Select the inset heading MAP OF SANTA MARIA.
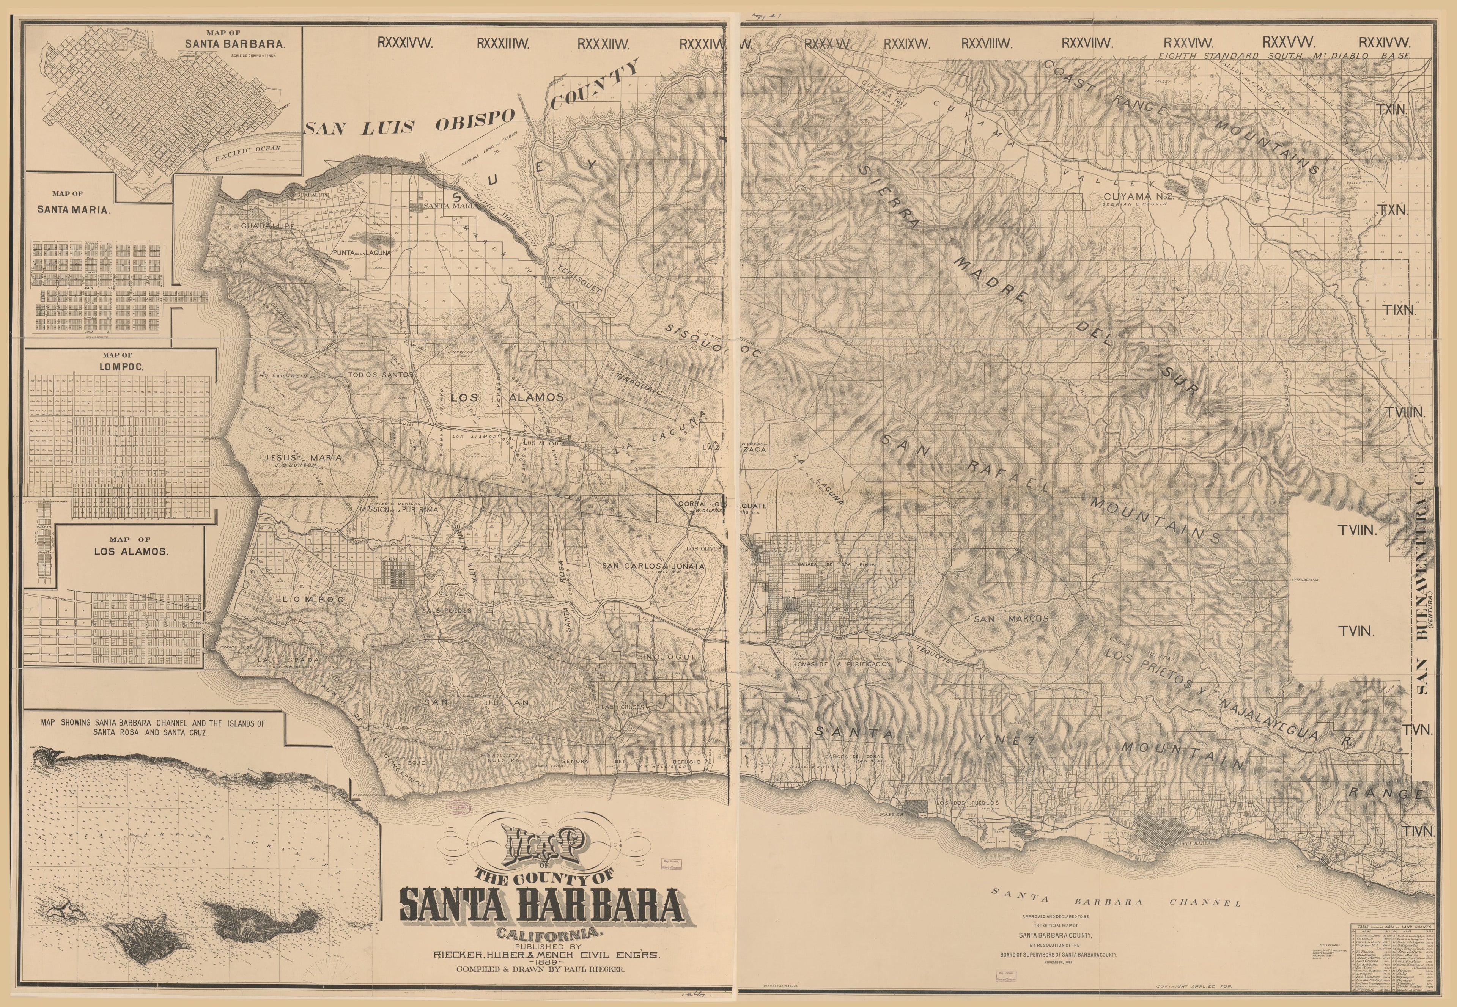(x=73, y=203)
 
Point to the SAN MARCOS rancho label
(x=1011, y=619)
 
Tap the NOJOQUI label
(x=670, y=657)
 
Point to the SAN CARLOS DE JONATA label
(x=653, y=566)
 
